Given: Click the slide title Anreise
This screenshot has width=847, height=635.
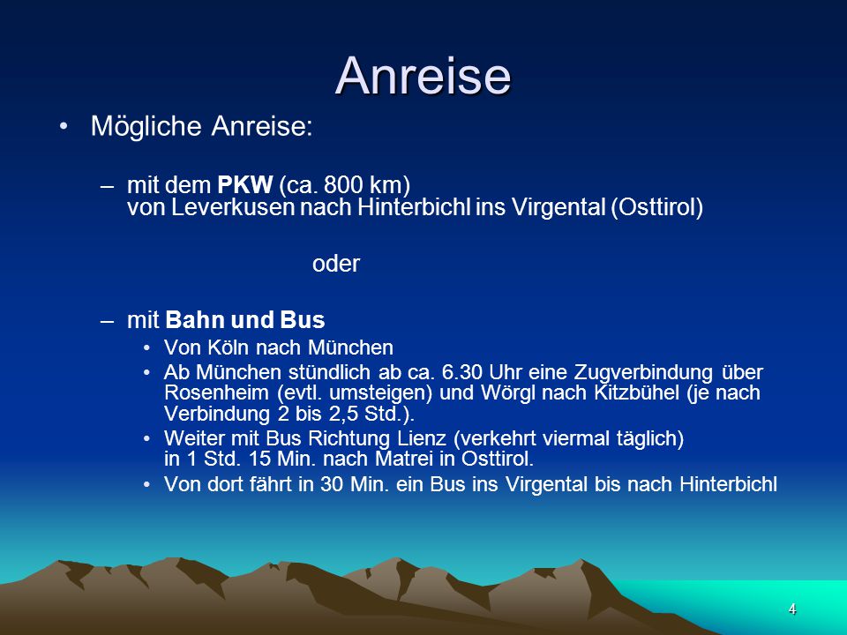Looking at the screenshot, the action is coord(423,76).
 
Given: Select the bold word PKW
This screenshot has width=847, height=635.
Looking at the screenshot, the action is coord(244,184).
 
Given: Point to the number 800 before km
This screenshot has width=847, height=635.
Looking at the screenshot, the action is coord(343,184).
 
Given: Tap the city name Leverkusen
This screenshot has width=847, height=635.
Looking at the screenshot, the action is coord(233,207).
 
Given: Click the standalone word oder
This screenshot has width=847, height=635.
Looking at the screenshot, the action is coord(336,264).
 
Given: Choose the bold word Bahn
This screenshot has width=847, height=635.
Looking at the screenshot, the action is coord(196,319).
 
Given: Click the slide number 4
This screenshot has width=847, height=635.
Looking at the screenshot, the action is coord(792,609).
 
